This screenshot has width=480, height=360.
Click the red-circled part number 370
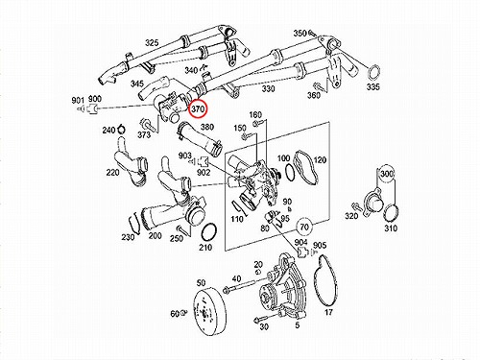tap(198, 109)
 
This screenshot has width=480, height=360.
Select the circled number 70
tap(304, 227)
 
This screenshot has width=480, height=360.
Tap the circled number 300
tap(387, 174)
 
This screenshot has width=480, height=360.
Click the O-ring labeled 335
tap(373, 72)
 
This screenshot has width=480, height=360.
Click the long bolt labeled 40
tap(239, 287)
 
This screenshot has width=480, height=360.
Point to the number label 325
tap(152, 42)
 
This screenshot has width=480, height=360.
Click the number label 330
tap(269, 88)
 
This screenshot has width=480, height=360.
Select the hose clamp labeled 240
tap(121, 130)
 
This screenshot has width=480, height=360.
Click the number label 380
tap(207, 127)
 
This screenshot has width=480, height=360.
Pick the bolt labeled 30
tap(261, 319)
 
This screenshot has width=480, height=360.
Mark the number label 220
tap(112, 173)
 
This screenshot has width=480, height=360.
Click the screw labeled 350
tap(312, 33)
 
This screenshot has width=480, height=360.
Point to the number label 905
tap(320, 245)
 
